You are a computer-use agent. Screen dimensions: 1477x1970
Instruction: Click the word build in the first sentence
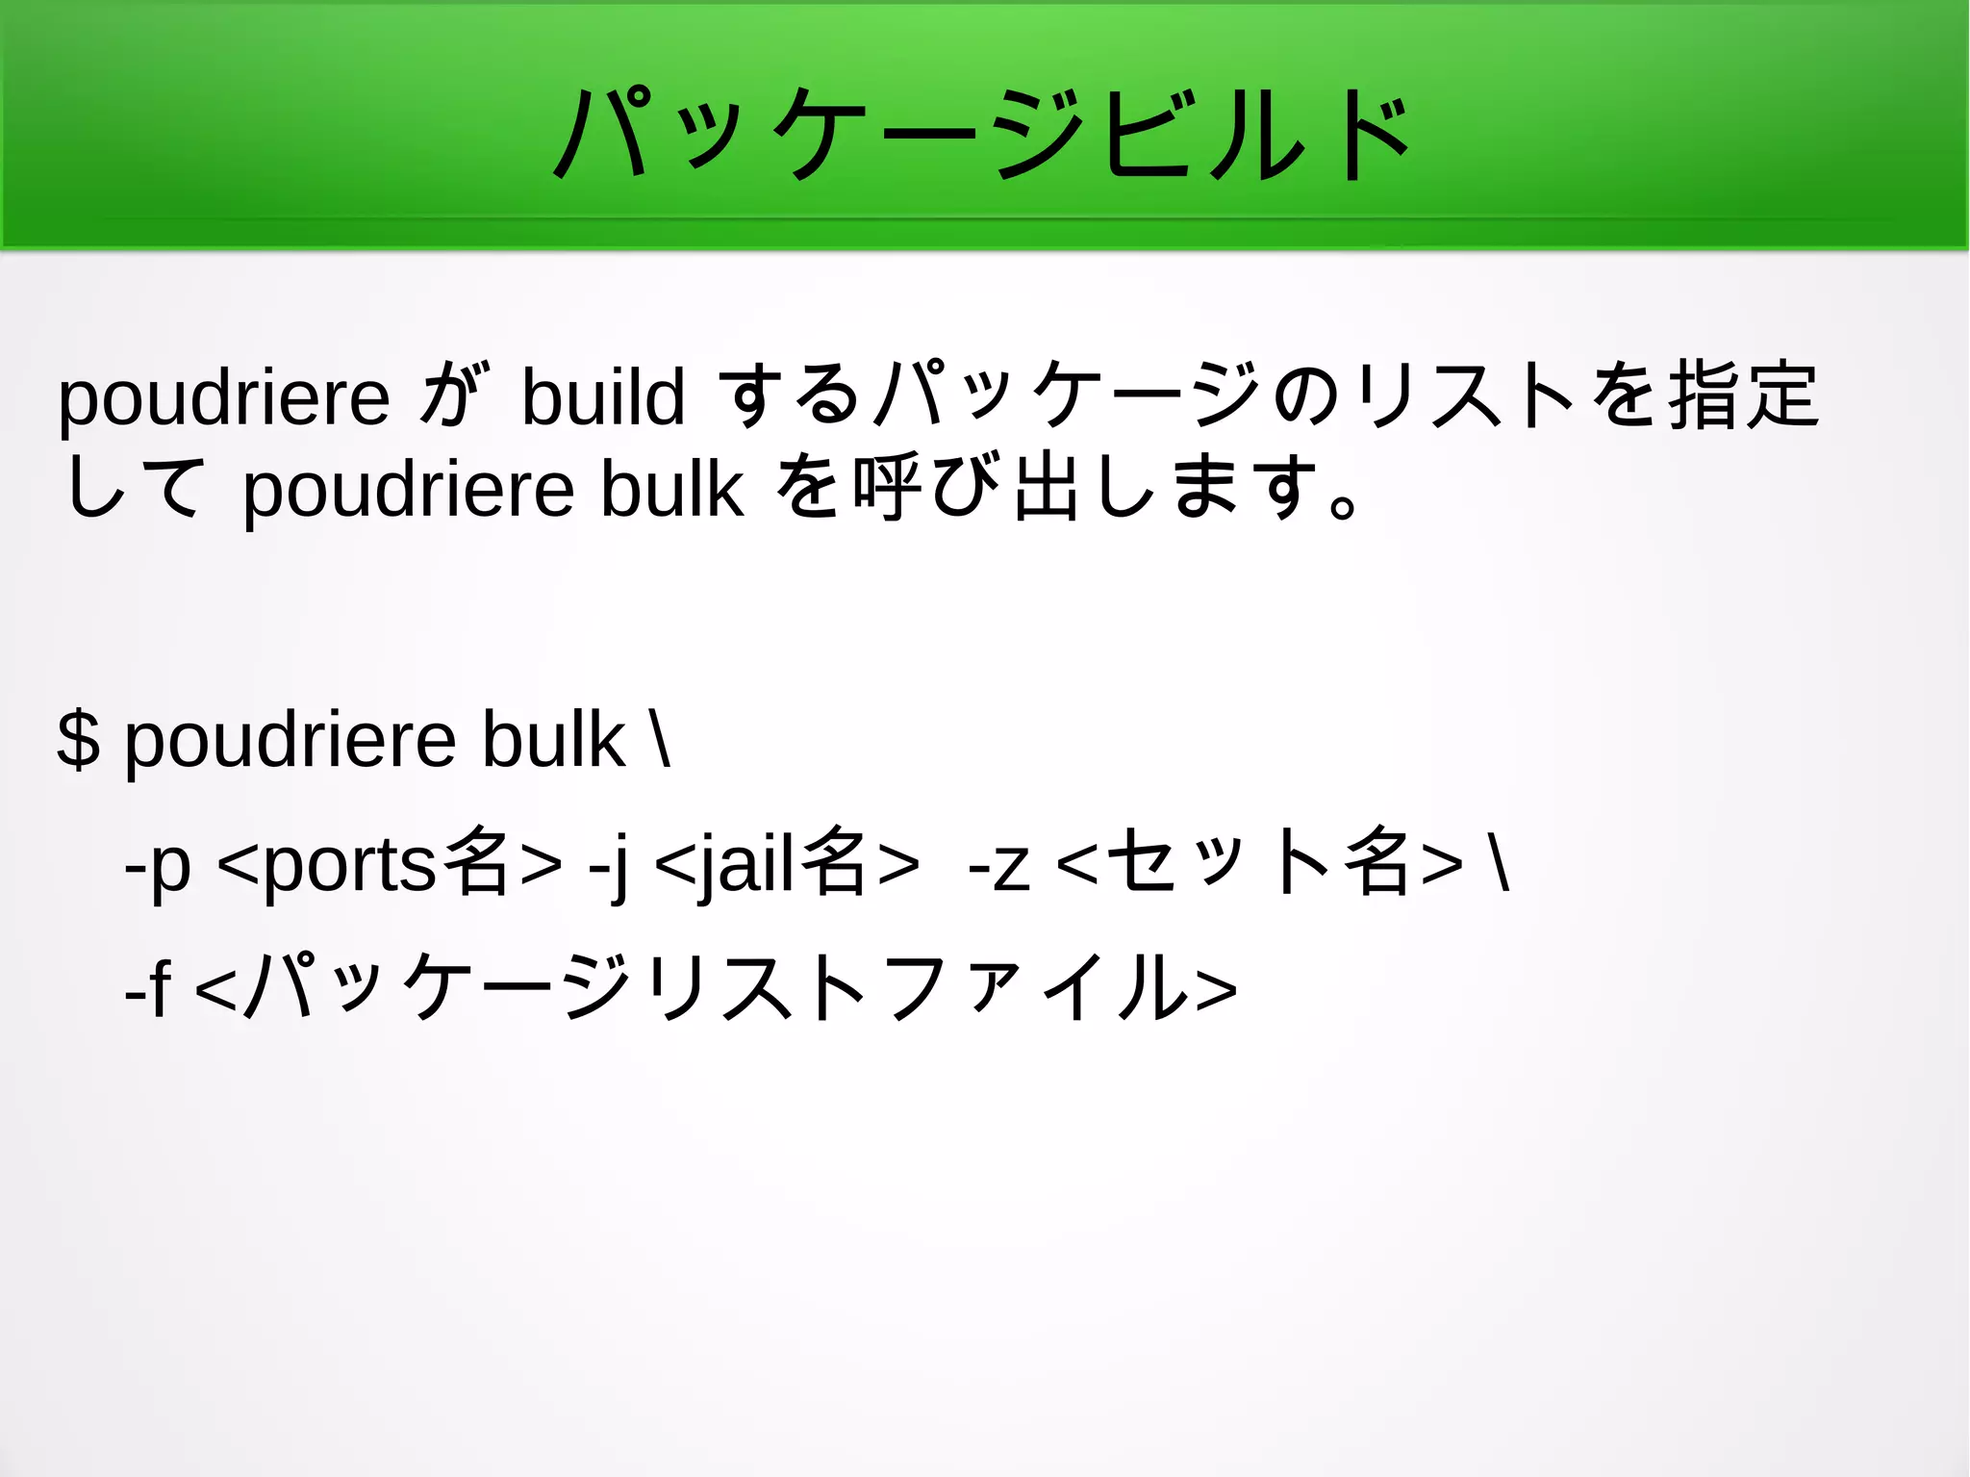click(x=603, y=396)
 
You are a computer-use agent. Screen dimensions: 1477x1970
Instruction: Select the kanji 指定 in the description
click(x=1743, y=395)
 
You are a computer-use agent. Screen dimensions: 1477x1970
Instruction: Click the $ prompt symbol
click(x=78, y=740)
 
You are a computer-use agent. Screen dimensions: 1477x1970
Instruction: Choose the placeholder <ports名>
click(x=391, y=864)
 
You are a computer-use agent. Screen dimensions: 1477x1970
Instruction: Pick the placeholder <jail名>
click(x=787, y=864)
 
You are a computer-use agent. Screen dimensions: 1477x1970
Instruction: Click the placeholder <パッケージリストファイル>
click(x=717, y=986)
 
